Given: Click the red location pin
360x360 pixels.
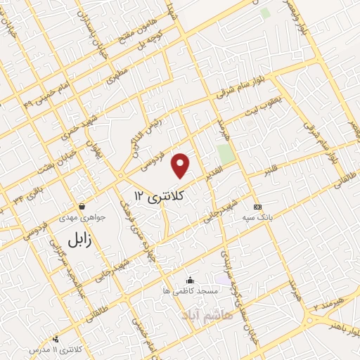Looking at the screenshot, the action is (x=181, y=165).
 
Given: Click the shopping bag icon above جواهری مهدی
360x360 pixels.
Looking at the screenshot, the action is (x=83, y=207).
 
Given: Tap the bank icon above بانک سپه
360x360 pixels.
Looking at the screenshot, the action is (x=257, y=207).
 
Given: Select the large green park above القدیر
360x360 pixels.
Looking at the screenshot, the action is (x=225, y=153).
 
